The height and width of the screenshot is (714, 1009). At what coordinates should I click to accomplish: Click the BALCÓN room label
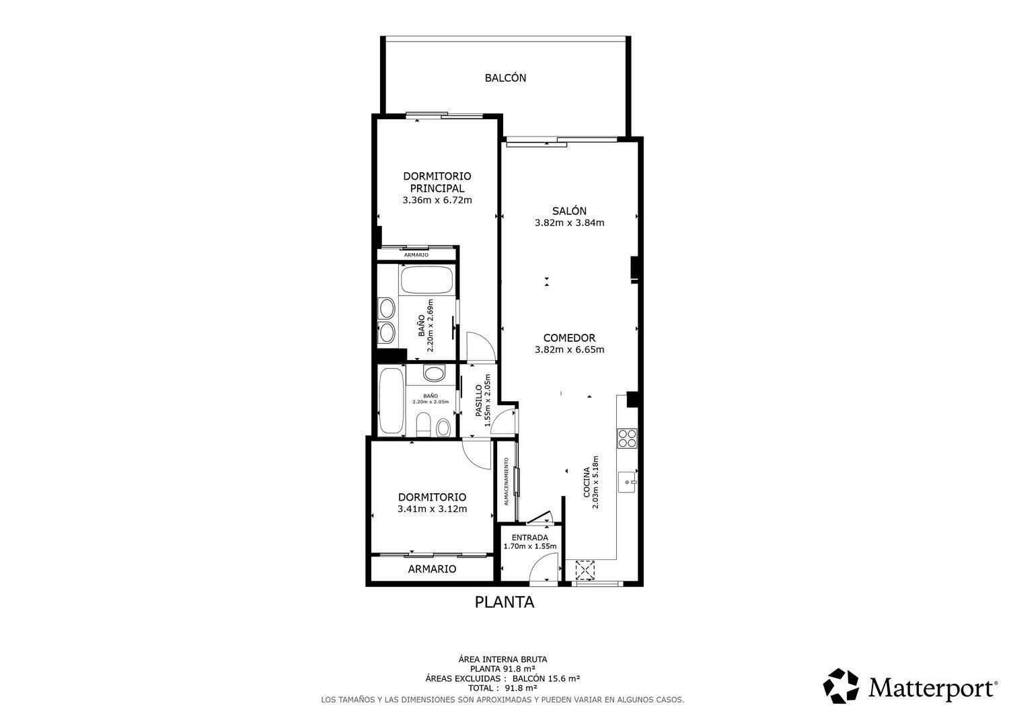tap(505, 78)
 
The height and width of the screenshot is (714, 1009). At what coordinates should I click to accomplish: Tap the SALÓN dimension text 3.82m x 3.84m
tap(569, 223)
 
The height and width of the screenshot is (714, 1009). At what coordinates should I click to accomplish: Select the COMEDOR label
tap(569, 338)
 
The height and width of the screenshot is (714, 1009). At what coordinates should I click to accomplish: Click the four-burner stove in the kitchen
tap(627, 438)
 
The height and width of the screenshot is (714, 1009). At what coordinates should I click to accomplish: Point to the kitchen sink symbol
tap(627, 482)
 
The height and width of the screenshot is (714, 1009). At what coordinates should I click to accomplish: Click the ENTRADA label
tap(530, 538)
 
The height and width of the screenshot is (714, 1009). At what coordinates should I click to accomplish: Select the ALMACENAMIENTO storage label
tap(507, 481)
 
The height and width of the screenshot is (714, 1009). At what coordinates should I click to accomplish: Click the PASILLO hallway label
tap(479, 400)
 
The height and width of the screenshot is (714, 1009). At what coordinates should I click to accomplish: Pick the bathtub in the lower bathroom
tap(391, 400)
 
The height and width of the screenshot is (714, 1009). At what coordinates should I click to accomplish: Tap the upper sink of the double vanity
tap(387, 309)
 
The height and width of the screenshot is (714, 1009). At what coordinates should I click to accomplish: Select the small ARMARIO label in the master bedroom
tap(416, 255)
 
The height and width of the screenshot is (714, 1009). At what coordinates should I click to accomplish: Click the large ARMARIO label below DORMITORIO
tap(432, 569)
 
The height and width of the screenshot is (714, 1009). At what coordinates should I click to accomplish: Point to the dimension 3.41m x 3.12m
tap(432, 509)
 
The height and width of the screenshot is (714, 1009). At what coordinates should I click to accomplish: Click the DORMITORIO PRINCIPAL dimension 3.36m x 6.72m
tap(437, 200)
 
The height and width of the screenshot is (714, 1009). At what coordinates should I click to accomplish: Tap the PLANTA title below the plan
tap(504, 602)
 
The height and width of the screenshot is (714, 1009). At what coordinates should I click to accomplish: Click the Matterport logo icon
tap(841, 686)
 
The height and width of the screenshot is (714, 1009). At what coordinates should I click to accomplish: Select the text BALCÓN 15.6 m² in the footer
tap(546, 678)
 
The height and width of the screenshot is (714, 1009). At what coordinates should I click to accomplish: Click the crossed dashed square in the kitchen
tap(585, 570)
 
